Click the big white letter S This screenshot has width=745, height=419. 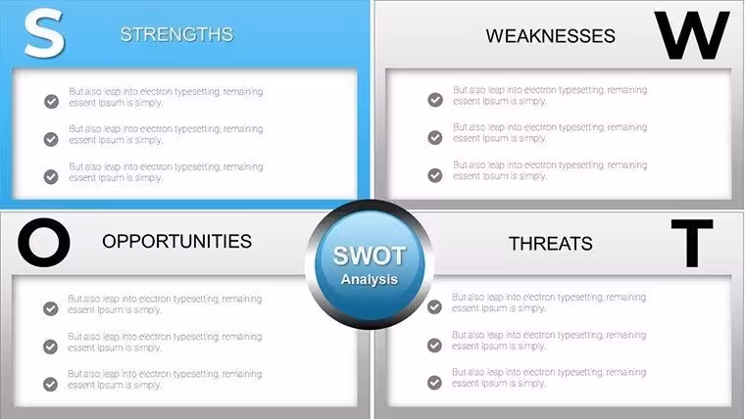[x=44, y=33]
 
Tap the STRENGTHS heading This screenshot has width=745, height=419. [x=176, y=34]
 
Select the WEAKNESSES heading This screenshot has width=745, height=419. [x=550, y=36]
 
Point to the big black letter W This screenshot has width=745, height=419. [x=691, y=35]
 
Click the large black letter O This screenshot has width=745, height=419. [x=44, y=242]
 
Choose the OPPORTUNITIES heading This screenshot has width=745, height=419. [x=176, y=241]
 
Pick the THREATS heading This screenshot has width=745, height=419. [x=550, y=244]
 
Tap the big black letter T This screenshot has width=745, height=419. [x=692, y=243]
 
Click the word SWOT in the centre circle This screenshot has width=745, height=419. [x=370, y=256]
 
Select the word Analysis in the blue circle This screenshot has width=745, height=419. [x=370, y=279]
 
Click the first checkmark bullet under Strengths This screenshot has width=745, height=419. [x=51, y=101]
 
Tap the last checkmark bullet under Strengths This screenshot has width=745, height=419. [x=51, y=176]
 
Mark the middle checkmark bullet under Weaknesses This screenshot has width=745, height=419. [x=434, y=137]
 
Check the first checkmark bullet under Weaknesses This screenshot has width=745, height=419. [x=435, y=100]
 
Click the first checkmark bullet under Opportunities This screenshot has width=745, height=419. [x=50, y=308]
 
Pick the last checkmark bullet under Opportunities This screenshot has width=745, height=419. [x=50, y=384]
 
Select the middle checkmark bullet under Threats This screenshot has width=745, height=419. [x=434, y=345]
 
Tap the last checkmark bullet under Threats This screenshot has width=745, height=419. [x=434, y=383]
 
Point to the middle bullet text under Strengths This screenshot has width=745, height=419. [x=166, y=134]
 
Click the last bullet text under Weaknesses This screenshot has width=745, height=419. [x=550, y=170]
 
